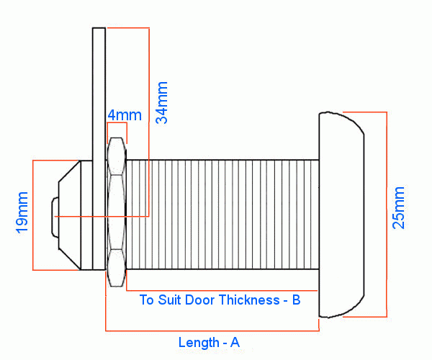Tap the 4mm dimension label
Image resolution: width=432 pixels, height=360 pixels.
(125, 115)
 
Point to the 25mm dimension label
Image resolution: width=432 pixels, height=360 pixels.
(398, 207)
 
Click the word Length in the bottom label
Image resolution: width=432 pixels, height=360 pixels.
(198, 343)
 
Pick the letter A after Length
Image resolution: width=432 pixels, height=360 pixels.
(235, 343)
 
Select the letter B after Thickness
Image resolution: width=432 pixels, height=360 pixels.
(296, 300)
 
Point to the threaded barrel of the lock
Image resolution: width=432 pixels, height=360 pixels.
(223, 214)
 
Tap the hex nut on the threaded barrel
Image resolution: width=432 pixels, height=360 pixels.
(117, 213)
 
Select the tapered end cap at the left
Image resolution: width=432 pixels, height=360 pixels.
(71, 214)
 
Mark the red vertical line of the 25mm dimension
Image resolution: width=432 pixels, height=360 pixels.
(387, 214)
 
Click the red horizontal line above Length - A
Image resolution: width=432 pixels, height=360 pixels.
(212, 331)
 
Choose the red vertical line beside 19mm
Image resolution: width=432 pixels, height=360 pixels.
(33, 215)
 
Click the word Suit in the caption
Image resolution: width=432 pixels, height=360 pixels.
(172, 300)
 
